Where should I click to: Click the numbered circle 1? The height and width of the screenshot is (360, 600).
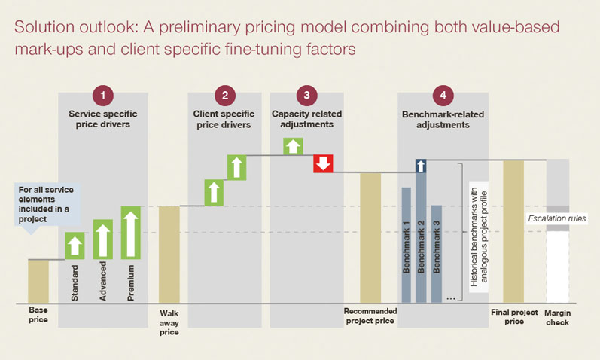pos(103,95)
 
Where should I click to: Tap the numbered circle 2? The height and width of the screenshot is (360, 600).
pos(224,95)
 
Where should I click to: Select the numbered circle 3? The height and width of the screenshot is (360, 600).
pos(306,95)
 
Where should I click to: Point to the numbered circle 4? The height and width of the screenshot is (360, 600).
pos(443,95)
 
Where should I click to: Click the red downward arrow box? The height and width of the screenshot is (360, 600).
pos(323,163)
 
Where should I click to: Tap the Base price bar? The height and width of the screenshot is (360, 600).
pos(38,282)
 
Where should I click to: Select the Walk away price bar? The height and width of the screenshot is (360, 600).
pos(169,255)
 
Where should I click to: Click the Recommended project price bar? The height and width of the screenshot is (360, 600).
pos(370,238)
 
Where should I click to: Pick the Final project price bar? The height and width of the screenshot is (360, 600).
pos(513,232)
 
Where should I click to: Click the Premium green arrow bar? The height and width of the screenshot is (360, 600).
pos(131,232)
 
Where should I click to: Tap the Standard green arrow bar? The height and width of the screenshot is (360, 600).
pos(75,246)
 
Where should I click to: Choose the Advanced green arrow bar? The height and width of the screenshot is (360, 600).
pos(102,239)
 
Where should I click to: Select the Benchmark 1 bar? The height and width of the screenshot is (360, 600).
pos(406,245)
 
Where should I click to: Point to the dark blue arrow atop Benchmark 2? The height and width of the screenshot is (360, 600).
pos(421,166)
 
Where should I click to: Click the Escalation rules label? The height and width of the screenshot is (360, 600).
pos(556,218)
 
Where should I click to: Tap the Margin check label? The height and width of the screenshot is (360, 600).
pos(557,317)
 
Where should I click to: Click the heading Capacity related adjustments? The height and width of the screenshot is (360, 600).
pos(306,118)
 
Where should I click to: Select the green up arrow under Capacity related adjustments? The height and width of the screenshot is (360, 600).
pos(292,146)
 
